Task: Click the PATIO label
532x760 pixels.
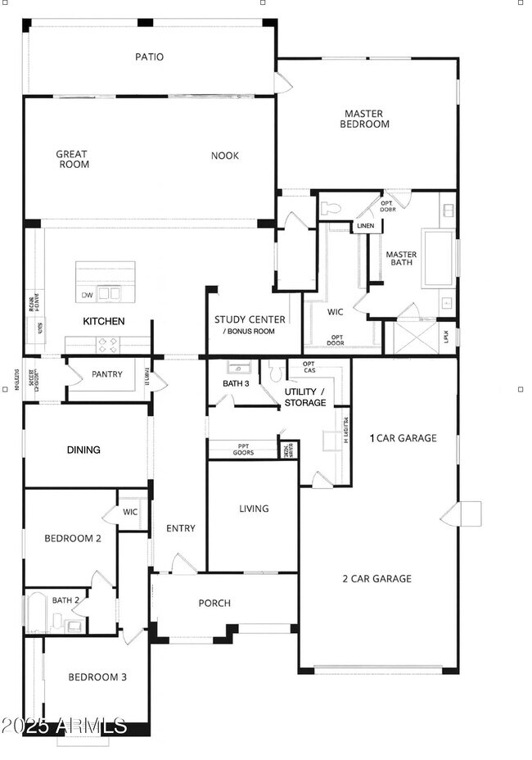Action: [x=149, y=57]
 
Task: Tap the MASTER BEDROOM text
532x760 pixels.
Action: [x=366, y=119]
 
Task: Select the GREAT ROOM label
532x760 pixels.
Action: [x=72, y=159]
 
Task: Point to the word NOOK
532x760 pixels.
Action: [x=225, y=156]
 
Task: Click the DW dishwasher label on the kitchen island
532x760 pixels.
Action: [x=87, y=295]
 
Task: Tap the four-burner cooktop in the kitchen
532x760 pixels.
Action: [x=108, y=342]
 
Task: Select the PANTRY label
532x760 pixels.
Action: [x=107, y=375]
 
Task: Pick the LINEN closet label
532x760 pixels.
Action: [x=365, y=226]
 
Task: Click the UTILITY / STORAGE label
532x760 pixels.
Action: [x=305, y=397]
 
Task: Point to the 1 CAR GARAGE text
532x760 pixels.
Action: [x=404, y=438]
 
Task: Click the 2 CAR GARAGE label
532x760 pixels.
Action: [x=376, y=579]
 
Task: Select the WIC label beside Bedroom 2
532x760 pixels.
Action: [x=131, y=513]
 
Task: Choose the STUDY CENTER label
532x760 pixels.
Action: [x=250, y=319]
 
